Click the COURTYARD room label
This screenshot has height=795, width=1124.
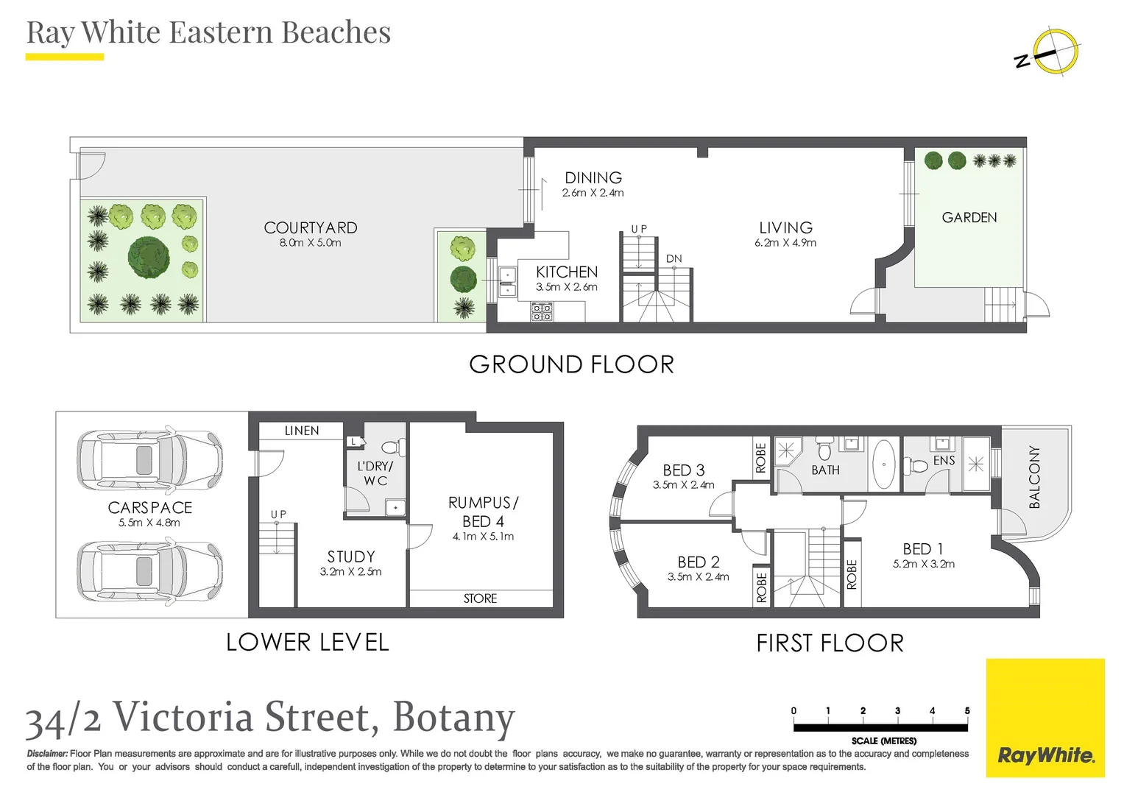click(x=311, y=228)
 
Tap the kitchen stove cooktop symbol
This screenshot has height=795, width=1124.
click(x=542, y=311)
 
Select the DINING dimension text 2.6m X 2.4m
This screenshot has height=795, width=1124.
click(x=593, y=193)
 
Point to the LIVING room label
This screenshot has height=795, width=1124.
click(x=786, y=228)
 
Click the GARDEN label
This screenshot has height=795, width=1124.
click(x=969, y=217)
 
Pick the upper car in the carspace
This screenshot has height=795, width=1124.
click(x=149, y=459)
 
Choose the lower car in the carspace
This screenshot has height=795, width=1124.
click(x=149, y=571)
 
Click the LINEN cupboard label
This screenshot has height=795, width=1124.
click(x=302, y=431)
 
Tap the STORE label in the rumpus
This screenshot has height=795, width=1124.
click(x=480, y=598)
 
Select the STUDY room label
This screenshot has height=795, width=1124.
click(x=351, y=556)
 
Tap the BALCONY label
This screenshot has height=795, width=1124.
click(x=1035, y=476)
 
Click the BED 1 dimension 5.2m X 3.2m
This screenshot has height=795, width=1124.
click(x=923, y=564)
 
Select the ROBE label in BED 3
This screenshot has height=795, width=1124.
click(x=760, y=458)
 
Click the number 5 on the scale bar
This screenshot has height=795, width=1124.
click(x=967, y=710)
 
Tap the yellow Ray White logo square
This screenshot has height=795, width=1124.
click(x=1045, y=718)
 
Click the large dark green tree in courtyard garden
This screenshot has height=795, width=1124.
click(x=149, y=258)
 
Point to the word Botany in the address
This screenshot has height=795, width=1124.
click(x=454, y=718)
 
